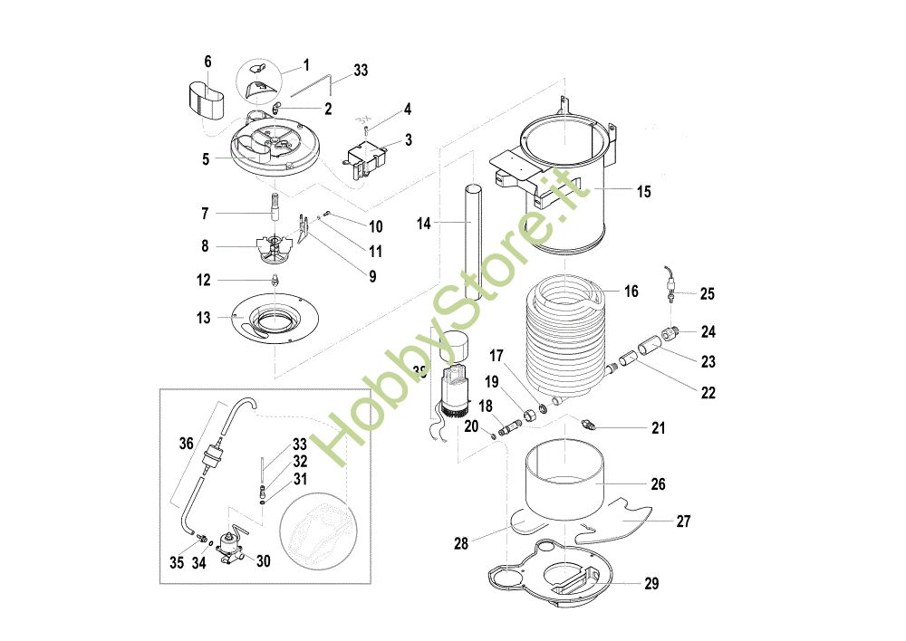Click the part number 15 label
point(643,192)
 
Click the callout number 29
point(651,584)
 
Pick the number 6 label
point(207,62)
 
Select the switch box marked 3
point(369,158)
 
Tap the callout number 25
point(707,293)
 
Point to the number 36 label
point(186,443)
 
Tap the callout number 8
point(204,244)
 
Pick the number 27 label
point(683,521)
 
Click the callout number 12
point(204,280)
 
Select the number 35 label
point(177,562)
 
